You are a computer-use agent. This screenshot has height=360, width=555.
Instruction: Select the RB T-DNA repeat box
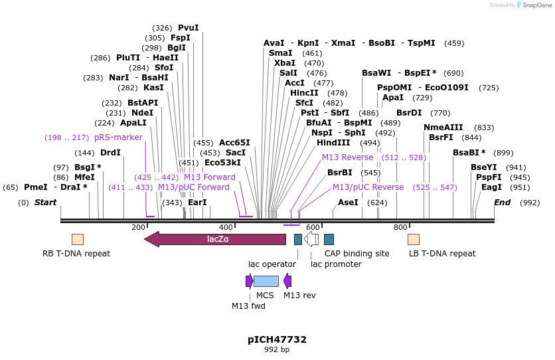click(78, 239)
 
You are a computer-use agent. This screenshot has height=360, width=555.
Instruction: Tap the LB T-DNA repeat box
click(414, 239)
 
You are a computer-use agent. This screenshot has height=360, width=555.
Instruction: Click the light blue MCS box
click(266, 281)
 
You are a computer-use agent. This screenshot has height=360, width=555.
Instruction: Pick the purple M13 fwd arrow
click(249, 281)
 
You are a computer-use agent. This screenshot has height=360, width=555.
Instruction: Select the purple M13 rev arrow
click(287, 281)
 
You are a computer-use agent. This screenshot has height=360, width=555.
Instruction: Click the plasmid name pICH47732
click(277, 339)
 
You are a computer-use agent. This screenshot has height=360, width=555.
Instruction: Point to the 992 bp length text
click(277, 349)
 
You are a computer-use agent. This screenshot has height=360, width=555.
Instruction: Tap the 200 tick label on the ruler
click(138, 227)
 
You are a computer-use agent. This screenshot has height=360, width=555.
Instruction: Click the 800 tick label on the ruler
click(400, 227)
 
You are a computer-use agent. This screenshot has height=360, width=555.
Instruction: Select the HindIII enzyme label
click(333, 142)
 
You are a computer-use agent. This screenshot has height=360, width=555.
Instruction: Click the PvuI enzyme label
click(188, 28)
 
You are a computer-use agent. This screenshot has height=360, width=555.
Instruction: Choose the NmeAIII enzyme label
click(443, 128)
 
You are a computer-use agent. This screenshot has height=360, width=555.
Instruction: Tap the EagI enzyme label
click(491, 187)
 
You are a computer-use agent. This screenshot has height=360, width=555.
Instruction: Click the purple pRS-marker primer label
click(118, 137)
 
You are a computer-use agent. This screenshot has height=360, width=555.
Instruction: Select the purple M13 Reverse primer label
click(347, 157)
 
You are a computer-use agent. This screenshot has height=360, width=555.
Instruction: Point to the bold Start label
click(46, 203)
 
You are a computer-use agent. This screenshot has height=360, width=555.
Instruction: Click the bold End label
click(502, 203)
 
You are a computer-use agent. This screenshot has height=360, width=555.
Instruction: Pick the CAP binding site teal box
click(329, 239)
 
